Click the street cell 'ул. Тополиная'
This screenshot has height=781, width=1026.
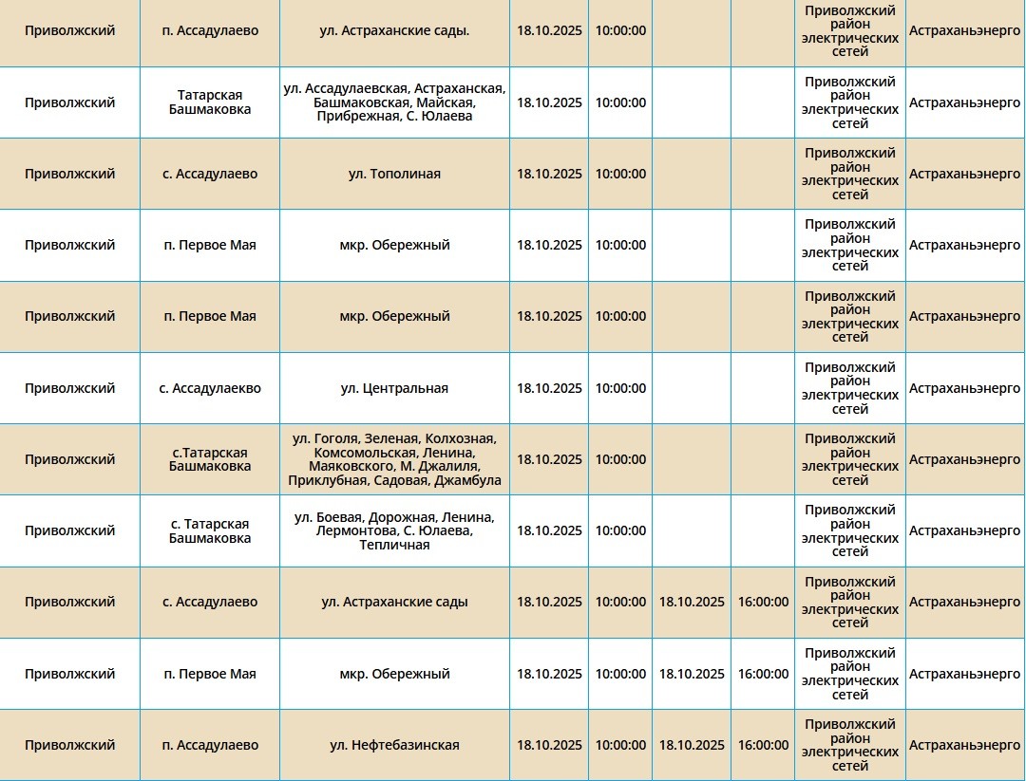[x=394, y=174]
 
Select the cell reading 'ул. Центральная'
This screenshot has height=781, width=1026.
[x=394, y=388]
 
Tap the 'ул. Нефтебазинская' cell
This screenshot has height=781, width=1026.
[x=394, y=745]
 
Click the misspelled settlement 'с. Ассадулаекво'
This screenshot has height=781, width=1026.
[x=210, y=388]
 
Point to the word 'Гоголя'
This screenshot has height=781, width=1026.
[x=335, y=438]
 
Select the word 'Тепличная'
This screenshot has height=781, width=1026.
[x=394, y=546]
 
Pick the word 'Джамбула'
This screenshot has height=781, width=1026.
[x=467, y=481]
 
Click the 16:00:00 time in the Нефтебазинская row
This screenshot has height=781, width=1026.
[x=763, y=745]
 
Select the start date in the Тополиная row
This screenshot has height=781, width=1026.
[x=549, y=174]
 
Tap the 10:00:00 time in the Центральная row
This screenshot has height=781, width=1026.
[x=620, y=388]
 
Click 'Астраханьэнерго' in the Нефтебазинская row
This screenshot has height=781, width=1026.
[x=964, y=745]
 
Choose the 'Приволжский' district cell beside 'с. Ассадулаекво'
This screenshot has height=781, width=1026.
[x=69, y=388]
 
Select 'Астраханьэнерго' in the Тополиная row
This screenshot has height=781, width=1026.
[x=964, y=174]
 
